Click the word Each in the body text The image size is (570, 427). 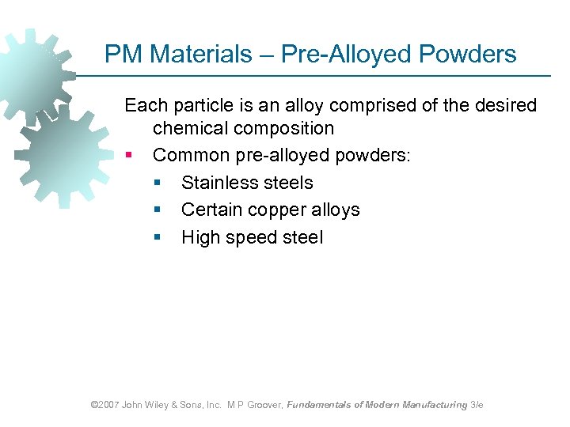click(145, 105)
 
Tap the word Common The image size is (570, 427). click(188, 155)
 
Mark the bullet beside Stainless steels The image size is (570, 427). click(157, 183)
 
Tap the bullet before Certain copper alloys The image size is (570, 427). click(157, 210)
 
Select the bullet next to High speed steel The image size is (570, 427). click(157, 237)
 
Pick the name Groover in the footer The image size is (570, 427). click(264, 405)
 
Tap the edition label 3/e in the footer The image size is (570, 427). click(477, 405)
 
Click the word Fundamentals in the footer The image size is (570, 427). click(320, 405)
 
